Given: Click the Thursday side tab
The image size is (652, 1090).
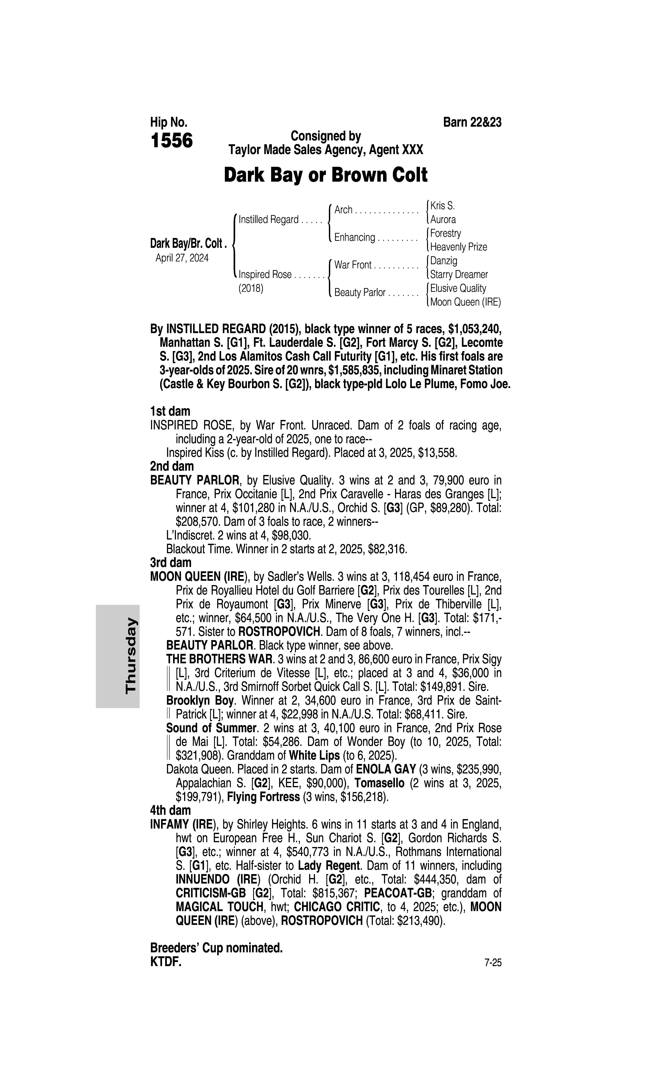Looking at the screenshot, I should point(131,656).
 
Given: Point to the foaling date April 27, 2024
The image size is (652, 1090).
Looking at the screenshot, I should point(182,258).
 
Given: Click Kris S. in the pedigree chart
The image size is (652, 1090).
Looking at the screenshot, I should point(442,205).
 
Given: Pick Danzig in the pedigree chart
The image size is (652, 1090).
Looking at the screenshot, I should point(444,261).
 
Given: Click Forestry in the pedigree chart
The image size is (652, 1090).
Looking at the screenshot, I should point(445,233).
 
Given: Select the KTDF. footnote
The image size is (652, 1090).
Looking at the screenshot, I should point(166,962).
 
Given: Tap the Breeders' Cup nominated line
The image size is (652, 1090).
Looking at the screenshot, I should point(216,948).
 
